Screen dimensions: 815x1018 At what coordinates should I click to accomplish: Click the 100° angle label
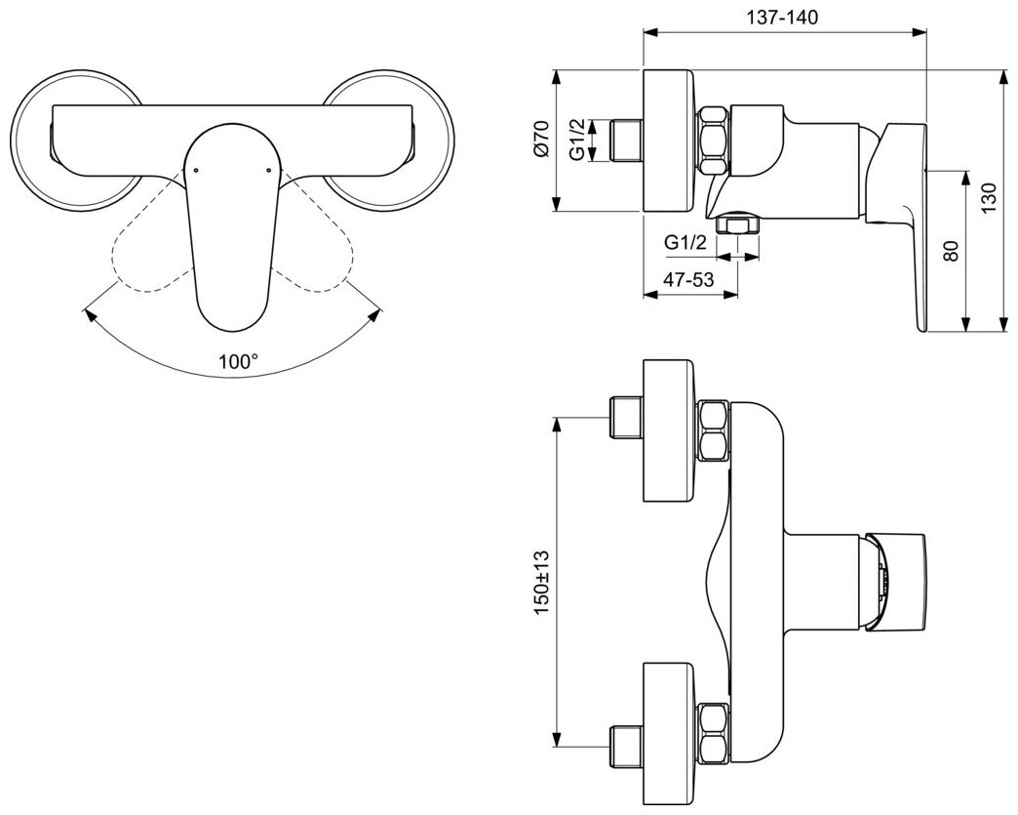(239, 360)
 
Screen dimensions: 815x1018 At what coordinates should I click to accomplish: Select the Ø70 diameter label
(543, 140)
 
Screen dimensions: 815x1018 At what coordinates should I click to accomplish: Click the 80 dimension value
(953, 251)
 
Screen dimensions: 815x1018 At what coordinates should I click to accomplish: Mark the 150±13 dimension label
(542, 581)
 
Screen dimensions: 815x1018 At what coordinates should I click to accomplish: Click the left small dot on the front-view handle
(196, 170)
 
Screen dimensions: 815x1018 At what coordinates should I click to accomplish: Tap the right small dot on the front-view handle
(264, 170)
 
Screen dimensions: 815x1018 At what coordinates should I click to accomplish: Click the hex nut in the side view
(714, 140)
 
